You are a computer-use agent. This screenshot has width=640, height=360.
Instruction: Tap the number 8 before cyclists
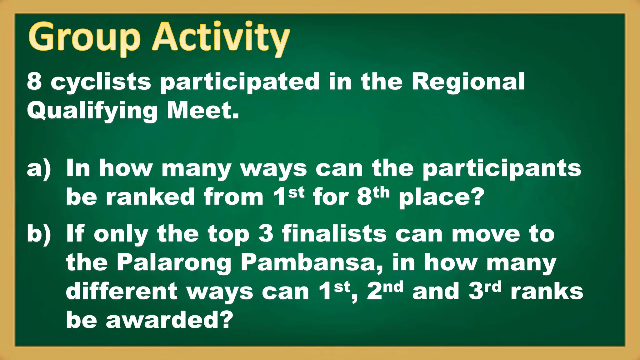[x=34, y=81]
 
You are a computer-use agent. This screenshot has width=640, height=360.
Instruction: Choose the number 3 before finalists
[x=266, y=234]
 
